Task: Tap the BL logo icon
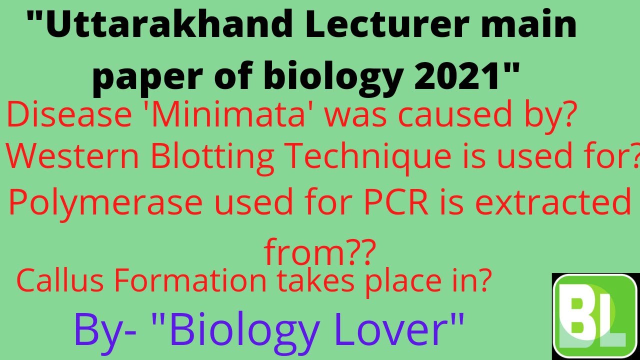594,316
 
